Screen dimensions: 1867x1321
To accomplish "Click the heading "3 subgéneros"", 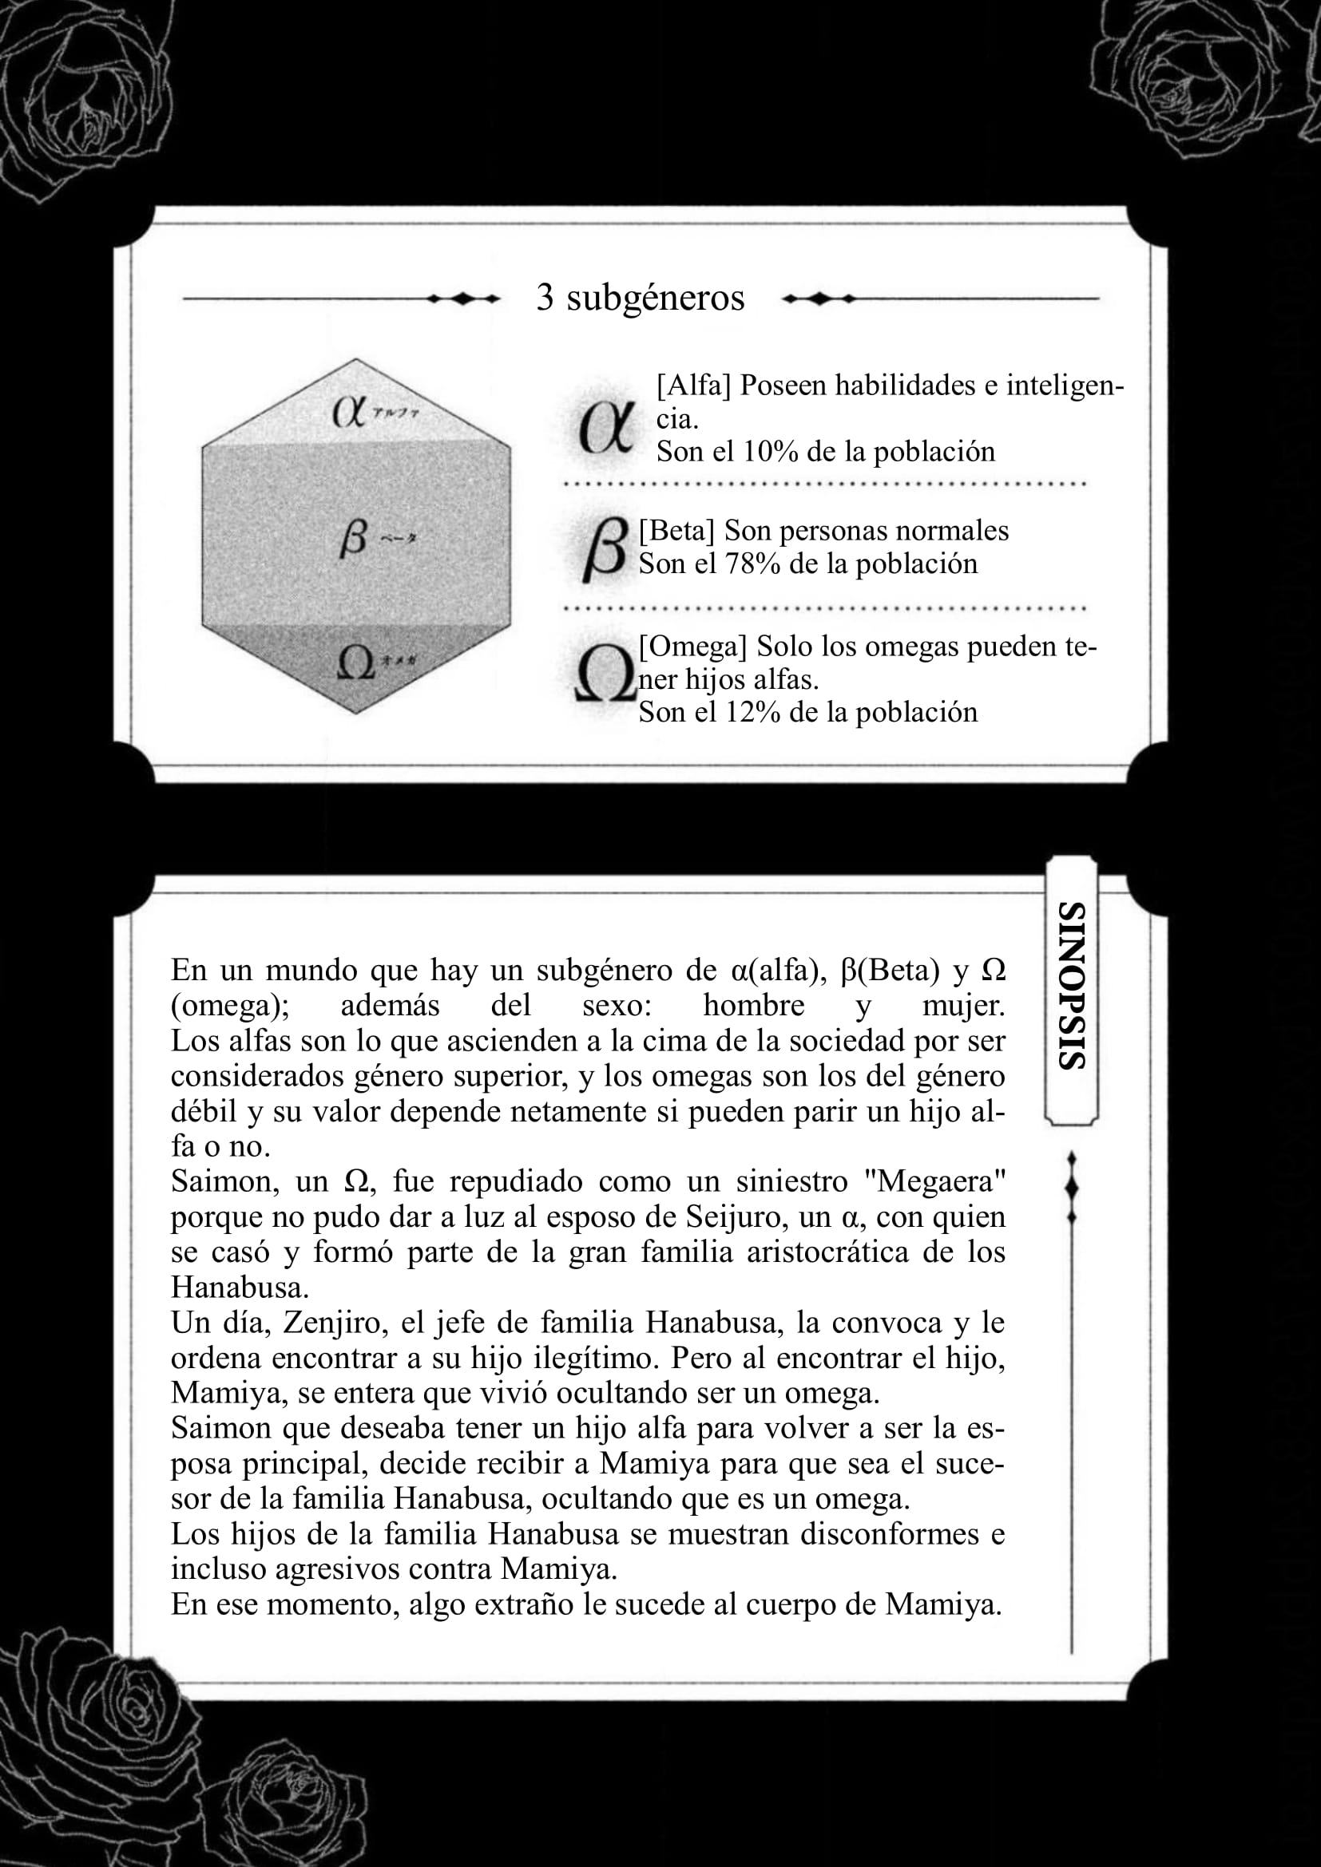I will [641, 298].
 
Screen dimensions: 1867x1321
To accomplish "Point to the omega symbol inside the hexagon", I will [355, 663].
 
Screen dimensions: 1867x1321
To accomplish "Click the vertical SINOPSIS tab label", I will [1071, 986].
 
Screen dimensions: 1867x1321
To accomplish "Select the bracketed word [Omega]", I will [692, 647].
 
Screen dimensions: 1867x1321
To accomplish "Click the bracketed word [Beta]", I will [676, 531].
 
